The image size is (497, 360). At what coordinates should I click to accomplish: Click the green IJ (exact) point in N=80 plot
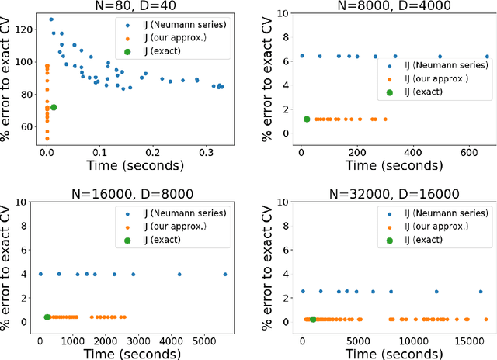(54, 107)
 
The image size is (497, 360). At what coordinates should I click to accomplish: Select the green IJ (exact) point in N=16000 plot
(47, 317)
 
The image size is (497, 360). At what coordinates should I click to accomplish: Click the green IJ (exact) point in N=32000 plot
(313, 319)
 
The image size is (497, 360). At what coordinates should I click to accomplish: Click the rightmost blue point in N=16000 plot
(225, 274)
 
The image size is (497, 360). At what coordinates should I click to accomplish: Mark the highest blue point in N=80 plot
(51, 19)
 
